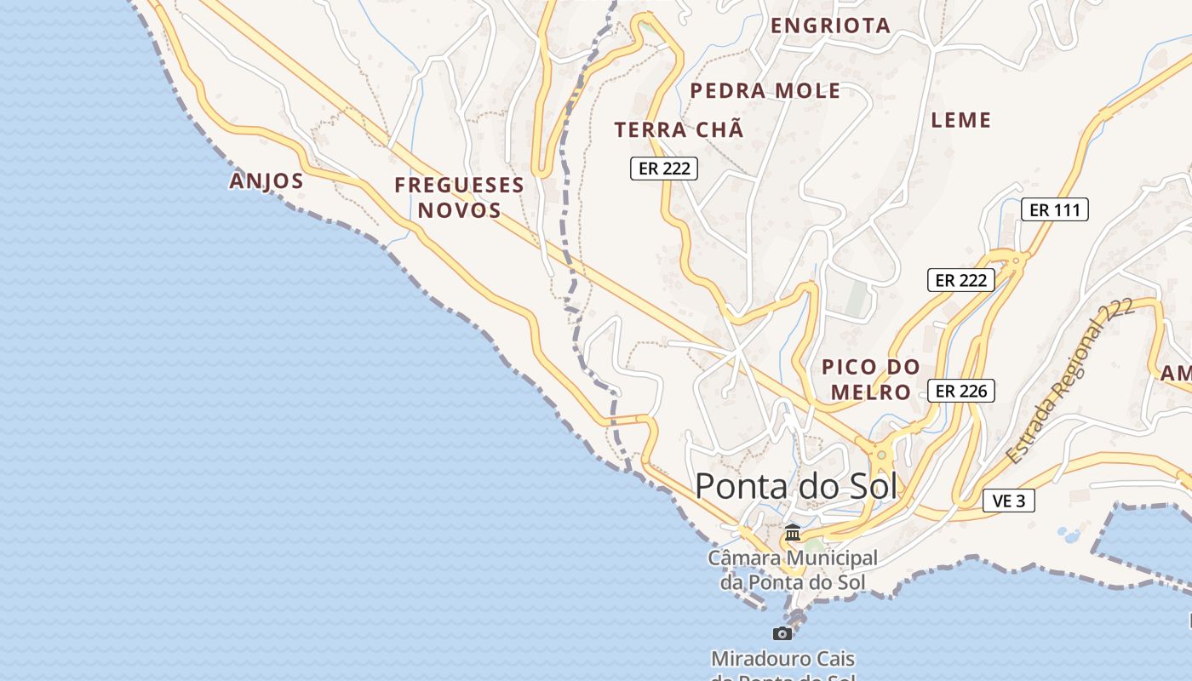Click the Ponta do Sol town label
pyautogui.click(x=796, y=486)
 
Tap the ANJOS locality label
pyautogui.click(x=266, y=180)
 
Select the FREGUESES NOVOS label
pyautogui.click(x=459, y=197)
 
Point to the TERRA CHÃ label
pyautogui.click(x=679, y=130)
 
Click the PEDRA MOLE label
pyautogui.click(x=765, y=91)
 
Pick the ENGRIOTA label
pyautogui.click(x=830, y=26)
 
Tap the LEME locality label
pyautogui.click(x=961, y=120)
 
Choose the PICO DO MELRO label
pyautogui.click(x=870, y=380)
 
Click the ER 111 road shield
pyautogui.click(x=1054, y=209)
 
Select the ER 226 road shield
pyautogui.click(x=960, y=391)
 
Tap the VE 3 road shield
pyautogui.click(x=1008, y=501)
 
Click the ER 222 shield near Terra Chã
pyautogui.click(x=663, y=169)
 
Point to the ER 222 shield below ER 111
pyautogui.click(x=960, y=280)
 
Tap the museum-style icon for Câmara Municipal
pyautogui.click(x=793, y=533)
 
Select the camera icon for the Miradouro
pyautogui.click(x=782, y=633)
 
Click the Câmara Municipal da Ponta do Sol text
pyautogui.click(x=792, y=570)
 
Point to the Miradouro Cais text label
pyautogui.click(x=782, y=660)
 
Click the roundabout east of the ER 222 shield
pyautogui.click(x=1014, y=260)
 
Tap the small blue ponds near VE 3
pyautogui.click(x=1067, y=535)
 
